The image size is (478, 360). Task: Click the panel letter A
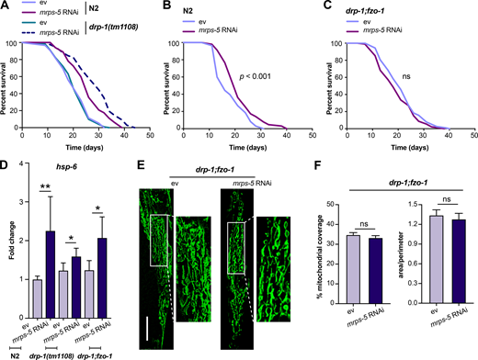click(x=7, y=6)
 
